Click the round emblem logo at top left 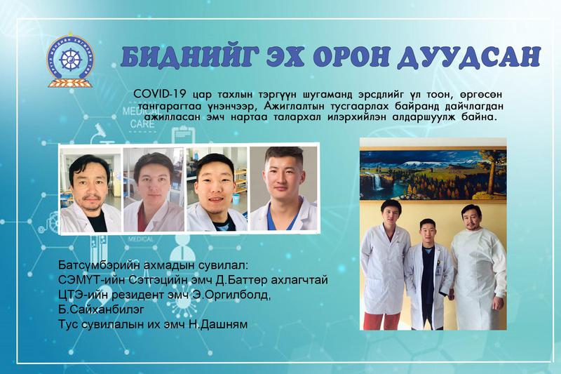coord(70,60)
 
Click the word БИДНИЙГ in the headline coord(184,57)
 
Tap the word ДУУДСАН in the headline coord(468,57)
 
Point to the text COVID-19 coord(160,94)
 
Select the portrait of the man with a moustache coord(90,189)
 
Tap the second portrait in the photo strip coord(154,189)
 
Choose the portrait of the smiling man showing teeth coord(217,189)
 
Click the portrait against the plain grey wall coord(283,188)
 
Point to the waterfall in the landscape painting coord(376,182)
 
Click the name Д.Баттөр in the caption coord(242,280)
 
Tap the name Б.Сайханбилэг coord(101,309)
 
